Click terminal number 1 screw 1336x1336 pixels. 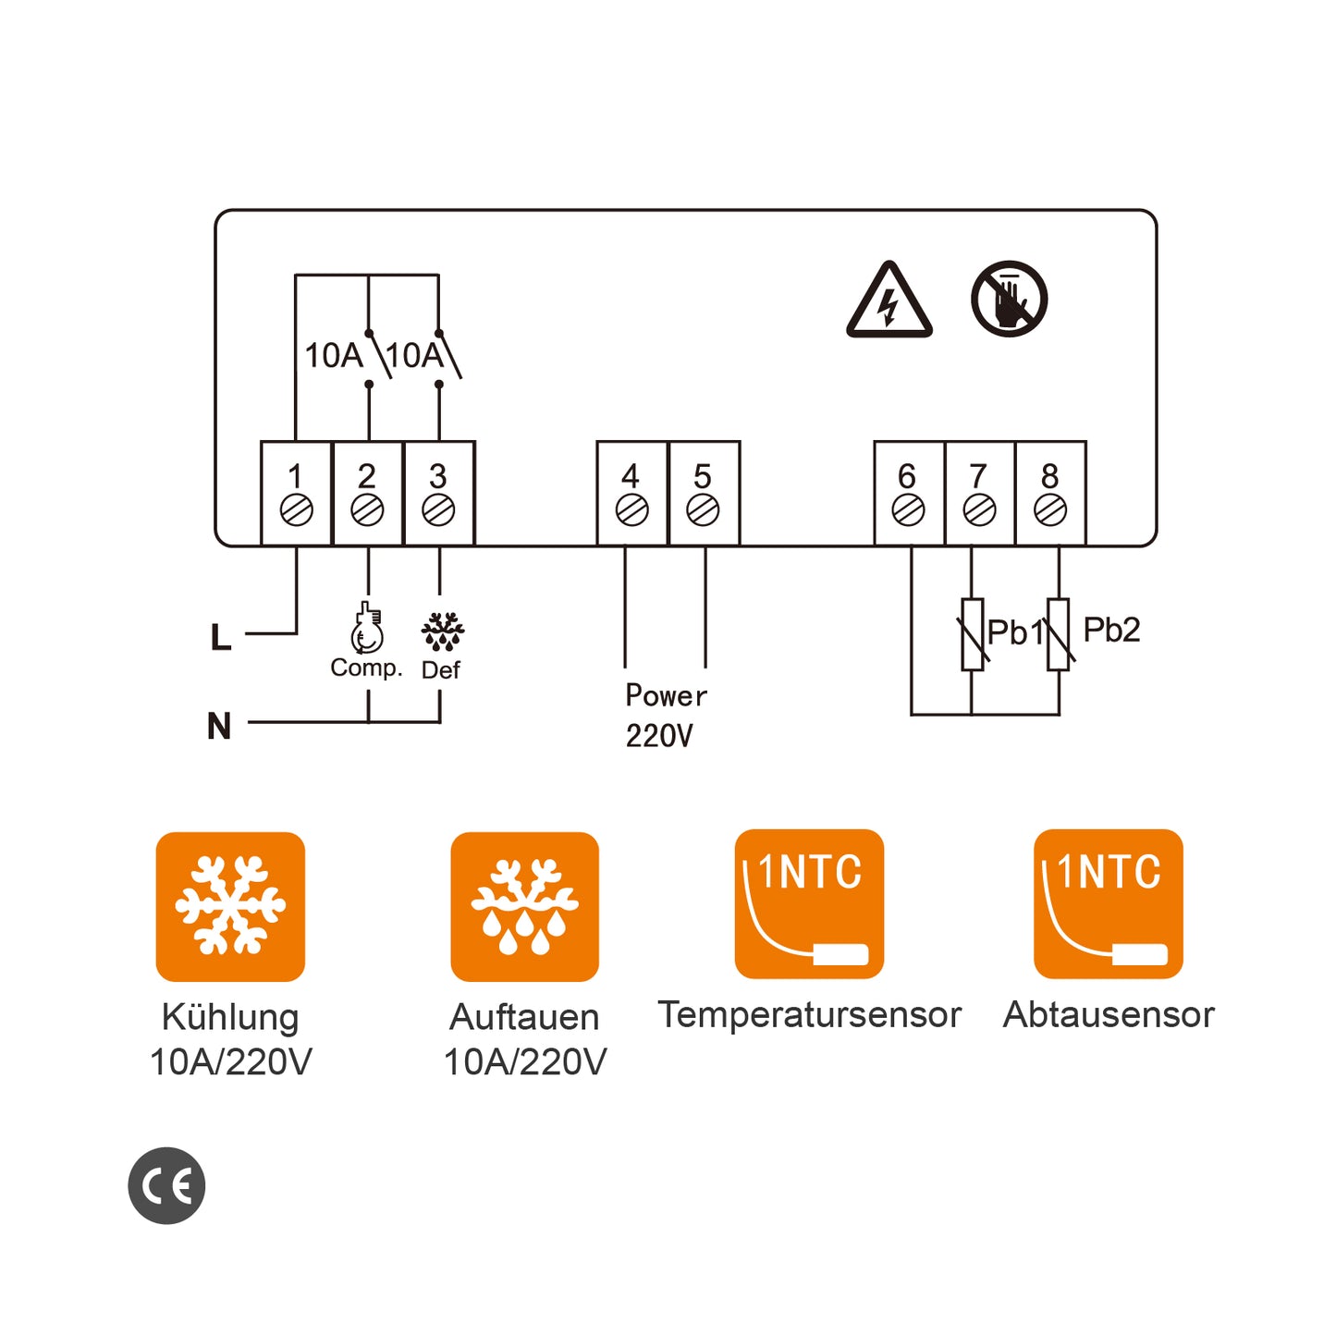296,509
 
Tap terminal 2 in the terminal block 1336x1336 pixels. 367,509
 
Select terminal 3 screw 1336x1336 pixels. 438,509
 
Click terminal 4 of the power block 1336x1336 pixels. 631,509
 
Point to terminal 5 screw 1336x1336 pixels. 703,509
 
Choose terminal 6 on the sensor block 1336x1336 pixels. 908,509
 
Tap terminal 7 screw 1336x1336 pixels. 979,509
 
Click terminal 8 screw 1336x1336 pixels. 1050,509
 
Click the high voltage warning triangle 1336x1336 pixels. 889,301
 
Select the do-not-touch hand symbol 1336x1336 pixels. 1009,299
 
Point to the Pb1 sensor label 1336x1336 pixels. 1013,633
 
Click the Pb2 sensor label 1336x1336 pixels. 1111,631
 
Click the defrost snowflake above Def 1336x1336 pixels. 442,631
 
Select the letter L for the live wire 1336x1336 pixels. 220,637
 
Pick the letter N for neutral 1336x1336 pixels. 219,726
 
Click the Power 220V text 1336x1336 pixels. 665,716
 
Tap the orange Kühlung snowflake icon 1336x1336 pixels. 230,906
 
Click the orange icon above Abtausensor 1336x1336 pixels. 1108,904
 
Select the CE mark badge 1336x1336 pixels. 166,1186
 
